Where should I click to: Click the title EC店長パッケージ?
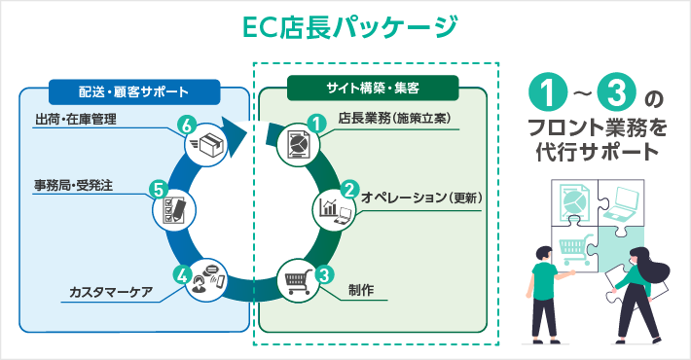click(346, 26)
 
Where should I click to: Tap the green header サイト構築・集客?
click(373, 89)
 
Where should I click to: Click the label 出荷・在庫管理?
click(75, 121)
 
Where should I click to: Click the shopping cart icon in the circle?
click(298, 282)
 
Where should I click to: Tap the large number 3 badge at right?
click(618, 93)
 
